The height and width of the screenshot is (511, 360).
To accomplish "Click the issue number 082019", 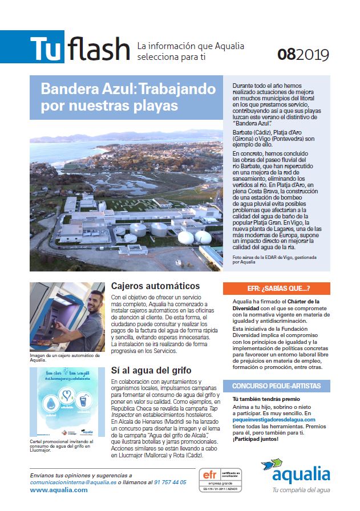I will pyautogui.click(x=304, y=54).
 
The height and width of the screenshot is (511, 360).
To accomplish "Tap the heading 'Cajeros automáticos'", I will pyautogui.click(x=155, y=286).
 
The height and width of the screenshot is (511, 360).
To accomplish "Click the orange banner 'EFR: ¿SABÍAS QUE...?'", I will pyautogui.click(x=277, y=289).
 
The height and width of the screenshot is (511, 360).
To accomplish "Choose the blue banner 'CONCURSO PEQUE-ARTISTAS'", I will pyautogui.click(x=277, y=386).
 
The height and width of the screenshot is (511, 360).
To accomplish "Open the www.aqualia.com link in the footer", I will pyautogui.click(x=58, y=490).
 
